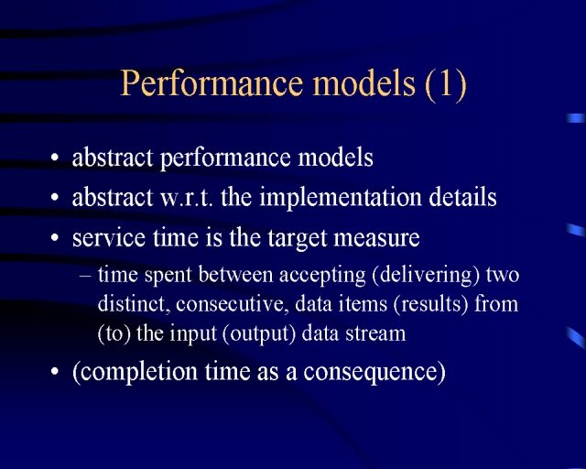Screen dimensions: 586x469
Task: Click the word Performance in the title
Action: pyautogui.click(x=212, y=83)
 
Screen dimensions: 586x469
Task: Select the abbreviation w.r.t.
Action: pyautogui.click(x=187, y=198)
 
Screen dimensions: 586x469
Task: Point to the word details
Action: pyautogui.click(x=462, y=197)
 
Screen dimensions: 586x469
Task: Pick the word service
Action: pyautogui.click(x=109, y=238)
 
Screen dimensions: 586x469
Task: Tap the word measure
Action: pyautogui.click(x=376, y=238)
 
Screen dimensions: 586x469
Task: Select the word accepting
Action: pyautogui.click(x=322, y=276)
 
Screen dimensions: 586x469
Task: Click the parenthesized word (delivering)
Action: pyautogui.click(x=426, y=276)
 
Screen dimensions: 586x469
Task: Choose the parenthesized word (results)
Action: pyautogui.click(x=430, y=304)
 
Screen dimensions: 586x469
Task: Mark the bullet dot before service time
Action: pyautogui.click(x=55, y=237)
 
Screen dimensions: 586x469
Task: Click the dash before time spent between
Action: pyautogui.click(x=85, y=276)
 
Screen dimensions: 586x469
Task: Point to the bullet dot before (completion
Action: pyautogui.click(x=55, y=371)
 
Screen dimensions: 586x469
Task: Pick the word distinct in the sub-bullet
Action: pyautogui.click(x=131, y=304)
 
